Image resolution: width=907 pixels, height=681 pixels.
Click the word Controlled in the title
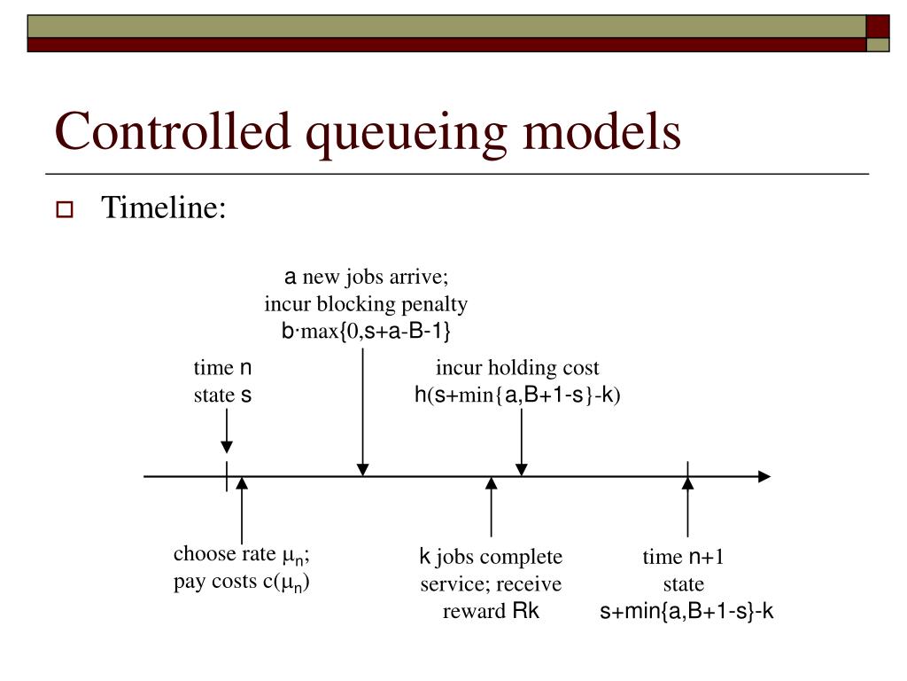coord(174,132)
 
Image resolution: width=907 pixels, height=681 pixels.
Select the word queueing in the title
coord(407,132)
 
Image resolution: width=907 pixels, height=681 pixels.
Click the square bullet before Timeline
coord(65,211)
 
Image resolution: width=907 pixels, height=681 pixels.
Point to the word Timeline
coord(164,208)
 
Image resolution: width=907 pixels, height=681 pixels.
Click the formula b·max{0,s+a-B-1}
coord(366,332)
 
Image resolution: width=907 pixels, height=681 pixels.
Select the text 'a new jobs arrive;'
coord(366,277)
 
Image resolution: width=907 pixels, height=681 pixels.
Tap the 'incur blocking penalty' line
coord(366,304)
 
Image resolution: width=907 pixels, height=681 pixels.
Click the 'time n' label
coord(223,368)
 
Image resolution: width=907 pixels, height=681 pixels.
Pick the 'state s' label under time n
coord(223,395)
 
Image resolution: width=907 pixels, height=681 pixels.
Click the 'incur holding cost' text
coord(517,368)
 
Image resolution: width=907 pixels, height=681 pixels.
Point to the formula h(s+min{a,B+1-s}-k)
coord(517,395)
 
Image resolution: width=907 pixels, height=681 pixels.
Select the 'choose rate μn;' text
coord(241,555)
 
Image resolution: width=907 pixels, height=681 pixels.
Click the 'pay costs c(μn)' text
coord(241,583)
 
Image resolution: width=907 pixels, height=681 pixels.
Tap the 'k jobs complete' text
coord(491,557)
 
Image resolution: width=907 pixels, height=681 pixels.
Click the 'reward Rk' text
coord(491,612)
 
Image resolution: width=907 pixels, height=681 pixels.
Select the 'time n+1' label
coord(684,557)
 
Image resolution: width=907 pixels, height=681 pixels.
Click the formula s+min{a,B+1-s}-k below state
coord(687,612)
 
